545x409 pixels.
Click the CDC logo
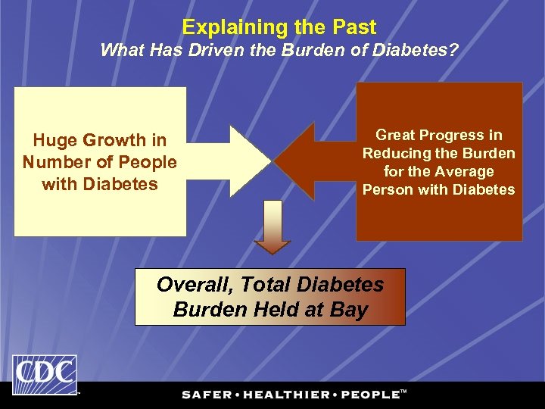tap(44, 373)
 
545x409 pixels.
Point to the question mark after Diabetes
tap(454, 52)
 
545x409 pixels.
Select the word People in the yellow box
tap(148, 162)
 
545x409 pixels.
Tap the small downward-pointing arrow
tap(272, 228)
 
